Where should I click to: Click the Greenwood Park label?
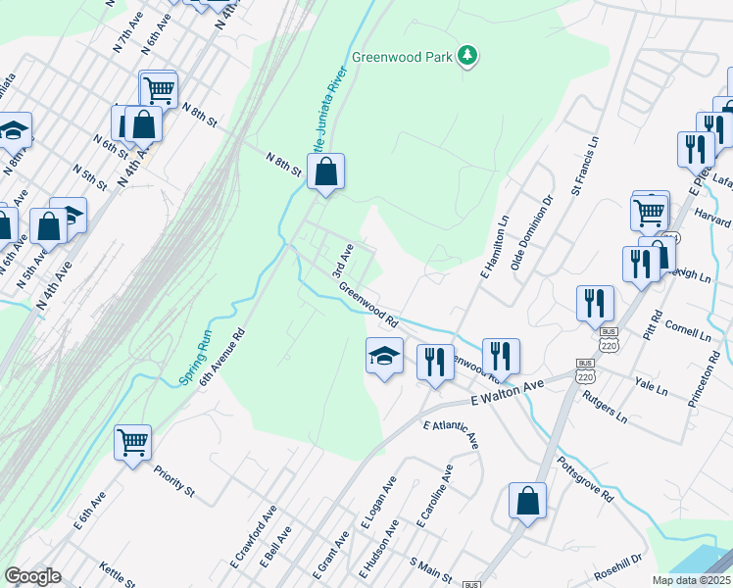[410, 57]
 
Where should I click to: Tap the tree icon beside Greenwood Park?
[469, 56]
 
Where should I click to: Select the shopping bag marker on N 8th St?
[326, 172]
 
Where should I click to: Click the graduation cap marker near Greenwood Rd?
[385, 356]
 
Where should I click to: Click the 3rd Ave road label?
[340, 260]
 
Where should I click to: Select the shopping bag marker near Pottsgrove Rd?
[527, 502]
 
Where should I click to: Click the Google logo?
[32, 576]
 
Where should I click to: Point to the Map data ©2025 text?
[690, 580]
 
